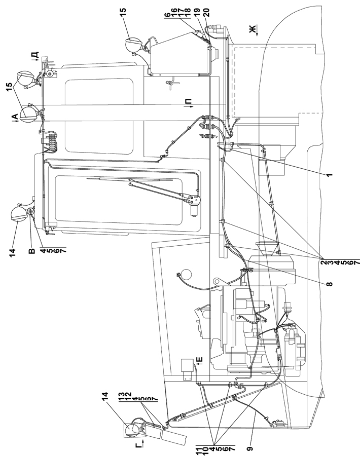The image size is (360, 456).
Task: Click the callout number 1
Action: pos(329,175)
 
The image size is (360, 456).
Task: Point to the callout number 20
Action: pos(207,12)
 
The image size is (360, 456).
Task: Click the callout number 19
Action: pos(200,12)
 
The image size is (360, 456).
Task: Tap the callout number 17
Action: pos(182,12)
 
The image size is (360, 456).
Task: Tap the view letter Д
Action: pos(34,55)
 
